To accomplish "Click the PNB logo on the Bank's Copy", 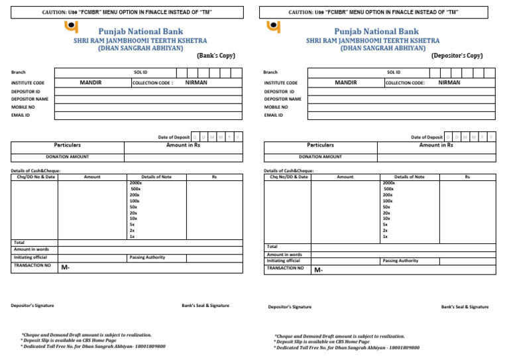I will [x=70, y=27].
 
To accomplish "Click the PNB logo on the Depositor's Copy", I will [x=273, y=27].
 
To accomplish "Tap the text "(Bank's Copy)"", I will [x=215, y=56].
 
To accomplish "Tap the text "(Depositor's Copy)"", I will [x=457, y=56].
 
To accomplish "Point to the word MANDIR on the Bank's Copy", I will [x=91, y=83].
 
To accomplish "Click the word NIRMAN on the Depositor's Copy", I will [x=449, y=83].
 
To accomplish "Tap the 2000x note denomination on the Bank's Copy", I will [x=136, y=182].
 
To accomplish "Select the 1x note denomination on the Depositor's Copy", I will [x=385, y=236].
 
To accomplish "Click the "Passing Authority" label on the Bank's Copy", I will [x=147, y=257].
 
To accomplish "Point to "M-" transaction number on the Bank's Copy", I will [x=66, y=268].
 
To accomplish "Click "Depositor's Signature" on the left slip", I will [x=32, y=306].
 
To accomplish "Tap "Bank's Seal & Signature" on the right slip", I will [x=465, y=307].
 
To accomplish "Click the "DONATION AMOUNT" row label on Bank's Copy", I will [x=67, y=157].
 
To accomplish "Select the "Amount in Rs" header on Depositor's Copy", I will [x=436, y=145].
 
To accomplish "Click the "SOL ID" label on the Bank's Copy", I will [x=140, y=72].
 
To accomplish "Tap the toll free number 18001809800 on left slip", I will [x=149, y=346].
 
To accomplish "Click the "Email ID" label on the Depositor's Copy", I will [x=273, y=115].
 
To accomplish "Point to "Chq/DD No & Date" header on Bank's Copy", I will [x=34, y=177].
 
